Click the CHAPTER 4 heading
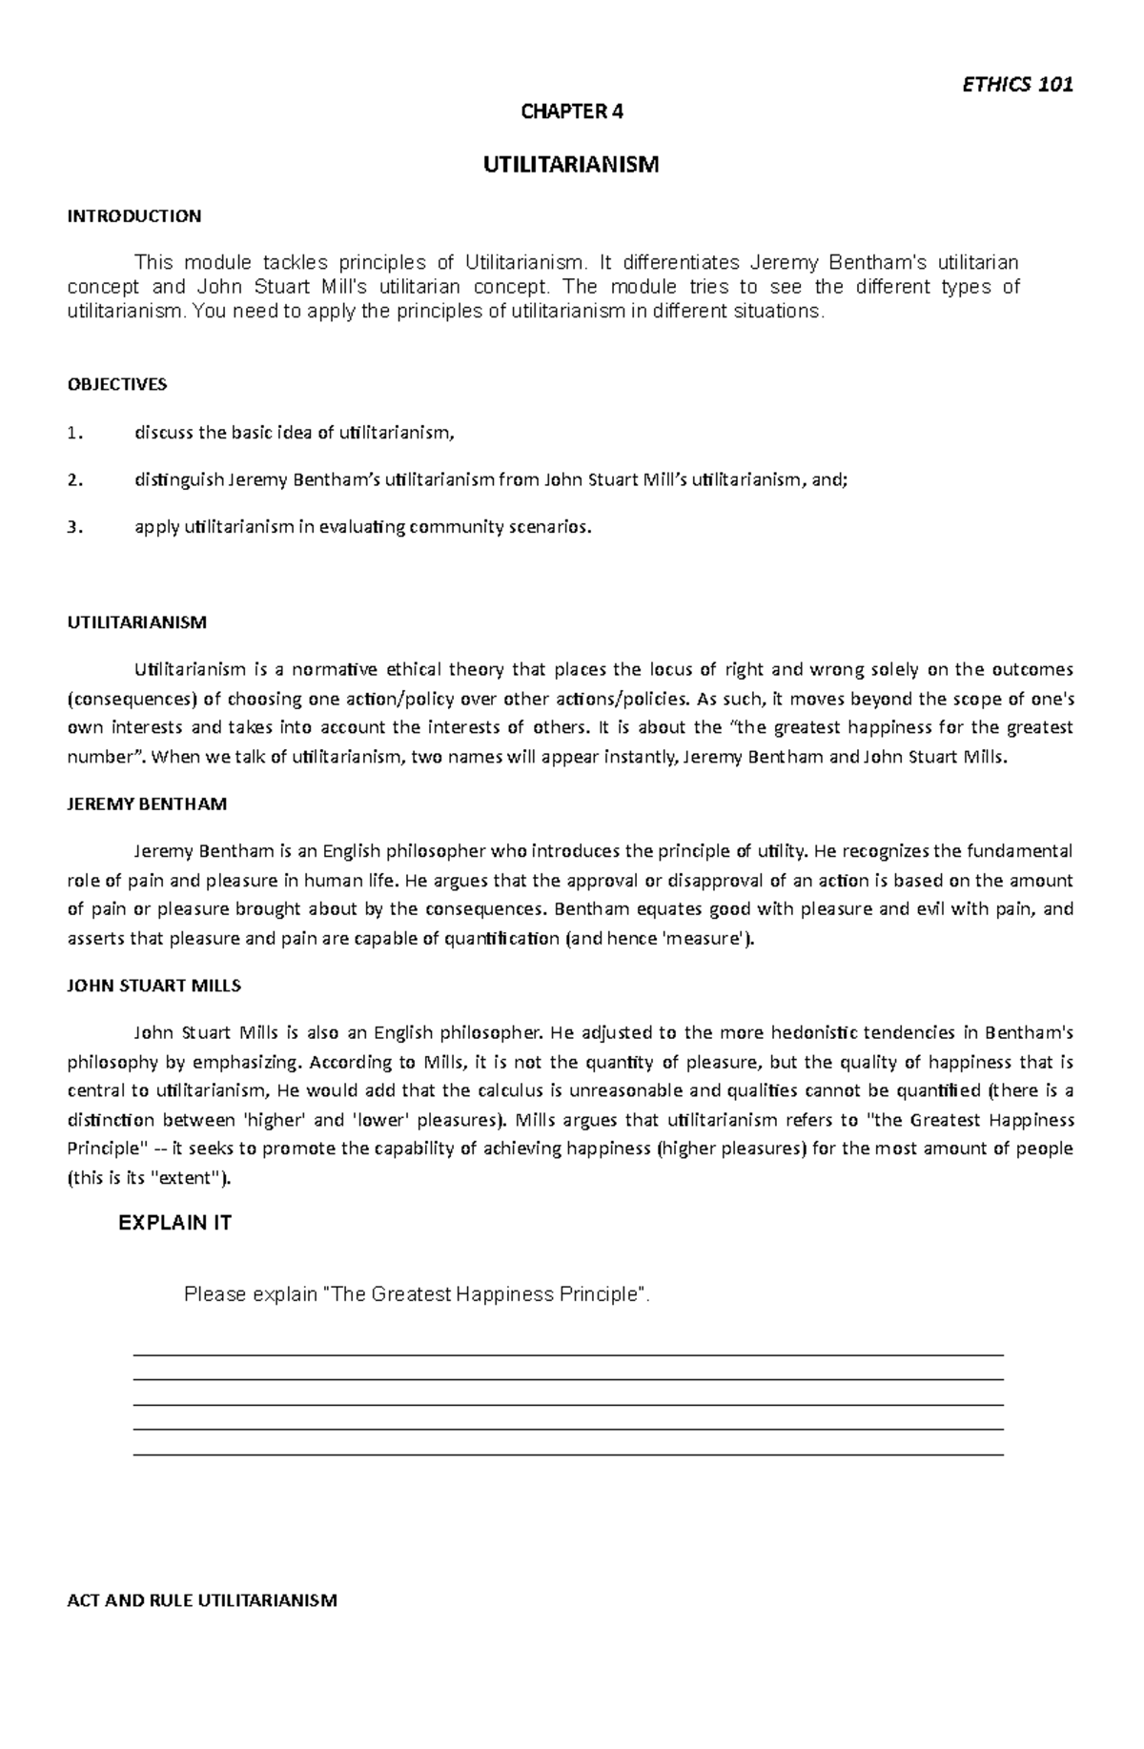coord(570,112)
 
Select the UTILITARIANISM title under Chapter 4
coord(570,165)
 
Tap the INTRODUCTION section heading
coord(133,216)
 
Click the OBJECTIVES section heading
coord(116,384)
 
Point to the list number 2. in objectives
coord(75,480)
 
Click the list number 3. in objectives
coord(75,527)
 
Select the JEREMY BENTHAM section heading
coord(147,803)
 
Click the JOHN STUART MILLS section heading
coord(153,985)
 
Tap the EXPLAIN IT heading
coord(174,1223)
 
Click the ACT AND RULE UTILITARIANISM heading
coord(202,1600)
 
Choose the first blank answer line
coord(568,1353)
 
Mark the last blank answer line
coord(568,1454)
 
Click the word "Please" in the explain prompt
coord(214,1294)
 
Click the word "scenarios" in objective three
coord(552,527)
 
